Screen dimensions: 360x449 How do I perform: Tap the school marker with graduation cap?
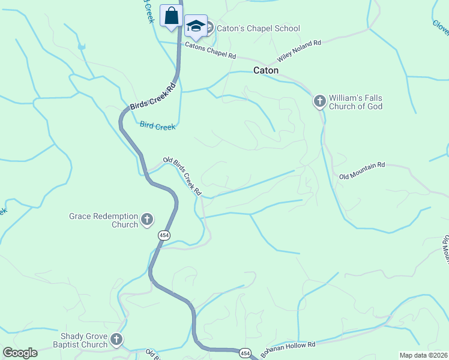(x=196, y=26)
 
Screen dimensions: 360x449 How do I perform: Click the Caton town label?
(x=266, y=70)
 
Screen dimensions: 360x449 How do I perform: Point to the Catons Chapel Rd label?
(x=211, y=50)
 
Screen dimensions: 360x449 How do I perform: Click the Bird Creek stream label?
(x=157, y=126)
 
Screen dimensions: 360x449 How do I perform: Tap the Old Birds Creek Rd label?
(x=182, y=176)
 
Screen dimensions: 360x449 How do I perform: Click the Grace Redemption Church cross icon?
(x=147, y=220)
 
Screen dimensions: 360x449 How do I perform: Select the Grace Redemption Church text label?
(x=103, y=220)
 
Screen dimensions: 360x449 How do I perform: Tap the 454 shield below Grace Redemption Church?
(x=163, y=235)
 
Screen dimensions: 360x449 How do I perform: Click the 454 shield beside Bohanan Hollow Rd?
(x=244, y=353)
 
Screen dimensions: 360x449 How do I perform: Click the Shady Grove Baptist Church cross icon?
(x=116, y=340)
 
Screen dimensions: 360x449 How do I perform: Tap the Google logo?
(x=20, y=353)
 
